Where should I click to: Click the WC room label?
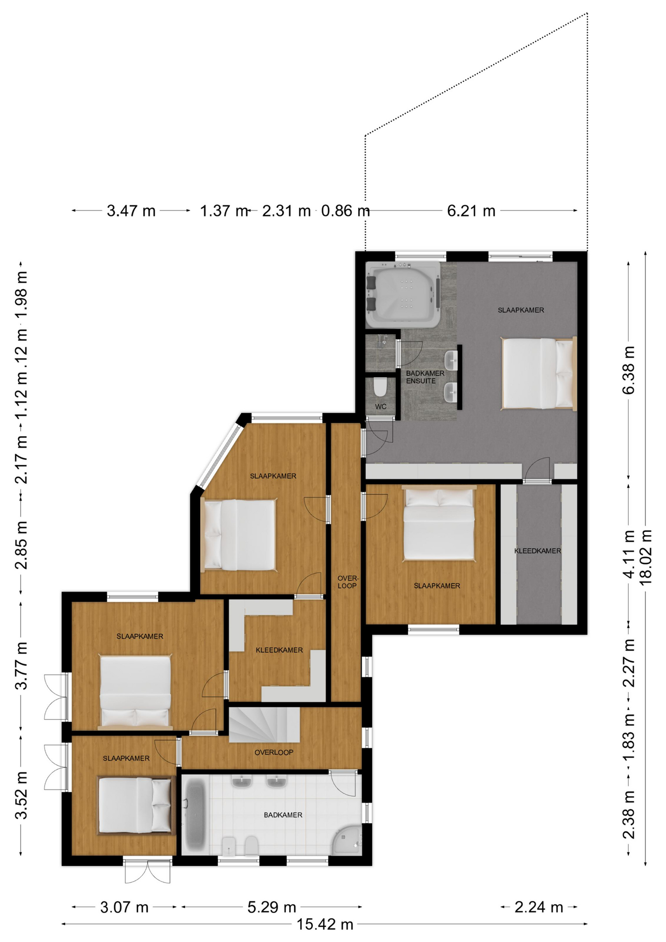pos(381,407)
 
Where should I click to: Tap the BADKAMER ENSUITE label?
pos(425,377)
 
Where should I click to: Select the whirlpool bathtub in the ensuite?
pos(403,295)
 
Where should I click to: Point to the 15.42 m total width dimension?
pos(325,924)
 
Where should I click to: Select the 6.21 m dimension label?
pos(471,211)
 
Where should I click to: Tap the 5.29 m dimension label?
pos(272,907)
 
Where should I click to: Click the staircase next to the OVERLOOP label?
pos(264,725)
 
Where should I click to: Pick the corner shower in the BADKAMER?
pos(347,839)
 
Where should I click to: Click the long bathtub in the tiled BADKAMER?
pos(195,816)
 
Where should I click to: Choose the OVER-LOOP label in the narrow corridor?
pos(348,582)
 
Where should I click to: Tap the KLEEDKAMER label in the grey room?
pos(538,551)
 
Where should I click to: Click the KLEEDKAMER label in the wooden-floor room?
pos(279,650)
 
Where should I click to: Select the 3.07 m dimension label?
pos(124,907)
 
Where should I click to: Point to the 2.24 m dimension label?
pos(538,907)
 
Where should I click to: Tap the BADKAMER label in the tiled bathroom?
pos(283,815)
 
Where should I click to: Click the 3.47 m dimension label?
pos(131,211)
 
